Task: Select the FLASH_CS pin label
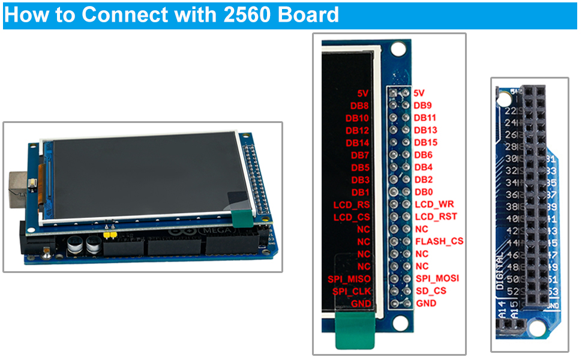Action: pos(439,241)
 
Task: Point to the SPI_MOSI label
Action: pos(437,278)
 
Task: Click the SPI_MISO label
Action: pos(349,279)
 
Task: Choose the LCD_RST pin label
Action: pos(436,217)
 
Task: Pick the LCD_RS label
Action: pos(352,205)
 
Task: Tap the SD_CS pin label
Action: pos(430,291)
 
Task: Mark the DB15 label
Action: pos(425,142)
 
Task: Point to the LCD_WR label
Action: pos(434,205)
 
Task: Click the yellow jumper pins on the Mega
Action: pos(109,235)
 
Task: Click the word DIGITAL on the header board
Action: pos(500,271)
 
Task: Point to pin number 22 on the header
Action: pos(511,112)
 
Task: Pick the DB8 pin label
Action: pos(359,106)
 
